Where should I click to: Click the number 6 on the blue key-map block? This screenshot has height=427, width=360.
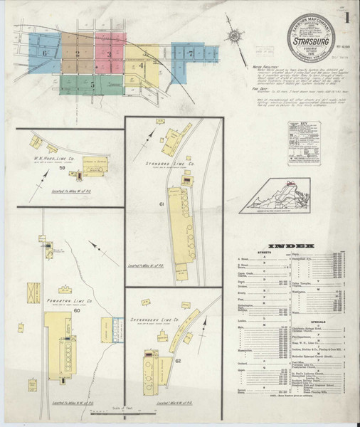pos(45,53)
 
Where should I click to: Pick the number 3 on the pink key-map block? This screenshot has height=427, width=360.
pos(108,53)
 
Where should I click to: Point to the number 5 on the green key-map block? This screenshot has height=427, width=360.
pos(92,83)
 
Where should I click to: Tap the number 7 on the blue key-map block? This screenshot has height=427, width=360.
pos(190,53)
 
